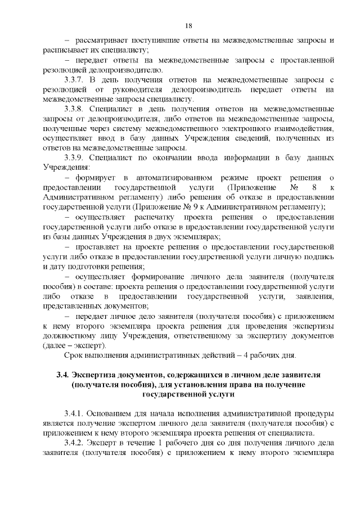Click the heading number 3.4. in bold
click(62, 375)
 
